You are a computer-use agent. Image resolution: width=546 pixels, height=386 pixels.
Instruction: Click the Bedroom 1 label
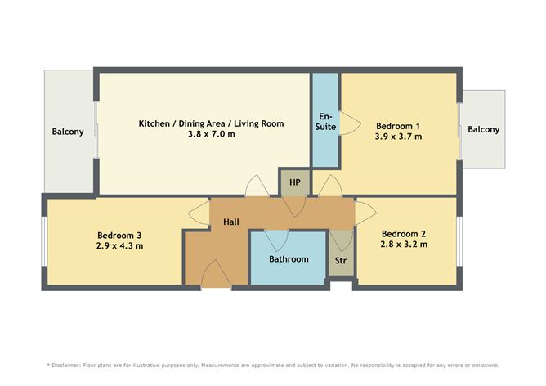coord(398,126)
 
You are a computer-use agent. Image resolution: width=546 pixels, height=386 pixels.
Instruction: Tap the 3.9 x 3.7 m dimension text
coord(398,137)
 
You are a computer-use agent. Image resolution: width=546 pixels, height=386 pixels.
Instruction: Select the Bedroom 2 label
coord(404,234)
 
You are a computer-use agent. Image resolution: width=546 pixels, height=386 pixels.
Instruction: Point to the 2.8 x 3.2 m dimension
coord(404,245)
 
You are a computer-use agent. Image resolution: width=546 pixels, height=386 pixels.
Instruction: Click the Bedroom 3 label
coord(119,236)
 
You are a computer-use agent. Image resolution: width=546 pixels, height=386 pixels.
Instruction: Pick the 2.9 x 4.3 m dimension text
coord(119,246)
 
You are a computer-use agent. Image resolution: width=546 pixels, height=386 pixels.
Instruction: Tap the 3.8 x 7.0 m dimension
coord(212,134)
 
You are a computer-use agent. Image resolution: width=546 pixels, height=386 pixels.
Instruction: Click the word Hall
coord(231,222)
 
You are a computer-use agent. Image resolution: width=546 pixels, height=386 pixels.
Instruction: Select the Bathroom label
coord(289,259)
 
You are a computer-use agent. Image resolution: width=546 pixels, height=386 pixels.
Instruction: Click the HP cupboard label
coord(295,182)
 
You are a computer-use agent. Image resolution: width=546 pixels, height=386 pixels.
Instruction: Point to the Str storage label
coord(341,261)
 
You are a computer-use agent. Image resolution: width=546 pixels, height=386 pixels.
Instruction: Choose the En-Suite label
coord(325,122)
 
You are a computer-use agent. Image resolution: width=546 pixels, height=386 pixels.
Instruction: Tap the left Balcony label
coord(68,132)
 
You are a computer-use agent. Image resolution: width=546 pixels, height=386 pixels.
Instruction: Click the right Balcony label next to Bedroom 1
coord(484,130)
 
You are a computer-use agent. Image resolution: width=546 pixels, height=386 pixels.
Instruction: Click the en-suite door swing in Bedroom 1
coord(351,123)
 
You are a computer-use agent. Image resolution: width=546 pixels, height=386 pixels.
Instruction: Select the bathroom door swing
coord(276,240)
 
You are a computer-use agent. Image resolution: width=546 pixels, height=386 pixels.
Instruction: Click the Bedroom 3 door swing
coord(199,213)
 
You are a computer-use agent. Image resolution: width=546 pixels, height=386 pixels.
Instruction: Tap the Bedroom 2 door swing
coord(365,213)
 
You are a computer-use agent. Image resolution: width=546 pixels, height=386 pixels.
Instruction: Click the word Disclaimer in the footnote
coord(66,366)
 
